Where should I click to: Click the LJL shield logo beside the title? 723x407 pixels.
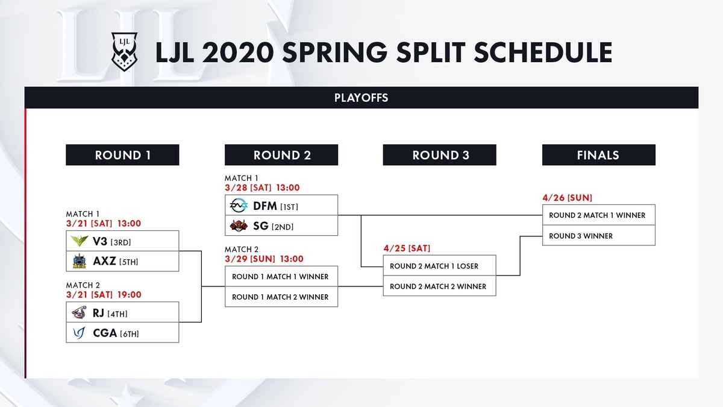click(x=124, y=51)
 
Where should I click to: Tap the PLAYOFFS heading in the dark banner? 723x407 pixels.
click(x=361, y=98)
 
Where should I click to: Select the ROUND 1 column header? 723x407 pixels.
click(x=122, y=155)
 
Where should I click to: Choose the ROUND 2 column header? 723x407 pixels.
click(x=281, y=155)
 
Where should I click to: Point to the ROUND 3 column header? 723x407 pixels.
click(x=440, y=155)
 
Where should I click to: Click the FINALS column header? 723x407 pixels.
click(x=599, y=155)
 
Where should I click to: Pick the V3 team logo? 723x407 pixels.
click(x=79, y=241)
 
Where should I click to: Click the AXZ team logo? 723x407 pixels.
click(x=79, y=261)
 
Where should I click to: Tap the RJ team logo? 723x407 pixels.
click(x=79, y=312)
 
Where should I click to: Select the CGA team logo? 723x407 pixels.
click(x=79, y=333)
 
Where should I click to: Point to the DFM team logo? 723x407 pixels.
click(x=239, y=206)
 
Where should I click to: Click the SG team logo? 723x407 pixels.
click(x=239, y=226)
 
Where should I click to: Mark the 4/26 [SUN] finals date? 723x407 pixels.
click(x=567, y=198)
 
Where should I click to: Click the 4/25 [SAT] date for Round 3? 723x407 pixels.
click(x=407, y=248)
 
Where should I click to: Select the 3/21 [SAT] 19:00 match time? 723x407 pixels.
click(x=104, y=295)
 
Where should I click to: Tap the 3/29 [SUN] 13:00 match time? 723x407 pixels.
click(x=264, y=259)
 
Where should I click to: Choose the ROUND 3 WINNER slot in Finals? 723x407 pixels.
click(x=599, y=236)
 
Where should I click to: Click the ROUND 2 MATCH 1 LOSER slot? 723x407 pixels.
click(x=440, y=265)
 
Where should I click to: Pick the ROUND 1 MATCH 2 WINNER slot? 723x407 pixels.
click(x=281, y=297)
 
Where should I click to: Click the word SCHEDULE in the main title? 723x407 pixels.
click(x=543, y=52)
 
